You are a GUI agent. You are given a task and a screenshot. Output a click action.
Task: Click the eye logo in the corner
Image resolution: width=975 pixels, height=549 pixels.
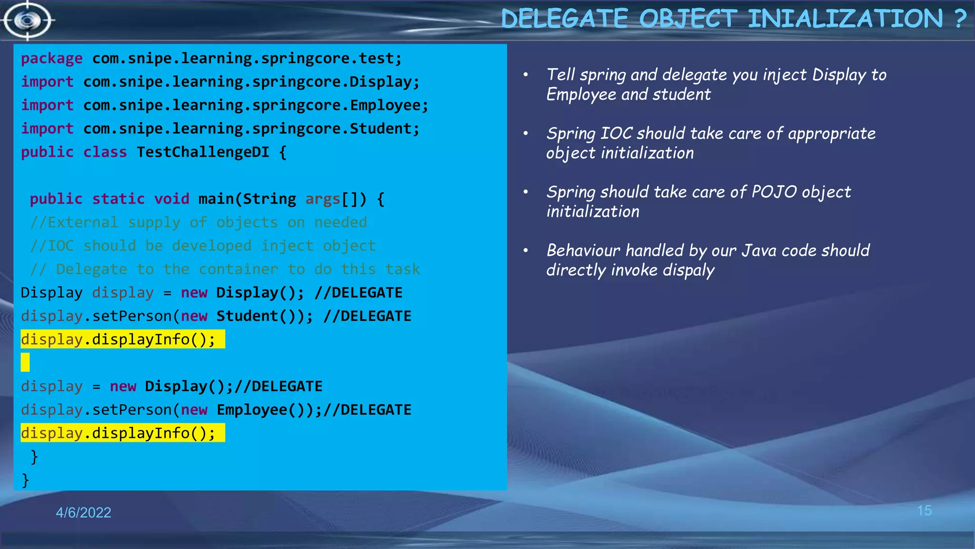tap(28, 20)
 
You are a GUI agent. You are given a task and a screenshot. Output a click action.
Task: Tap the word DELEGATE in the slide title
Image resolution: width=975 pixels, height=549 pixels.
tap(564, 19)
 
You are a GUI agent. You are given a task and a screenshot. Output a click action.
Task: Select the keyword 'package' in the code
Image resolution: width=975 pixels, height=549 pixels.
tap(51, 59)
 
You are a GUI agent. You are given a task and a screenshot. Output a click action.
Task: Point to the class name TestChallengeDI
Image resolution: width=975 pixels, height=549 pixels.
tap(203, 152)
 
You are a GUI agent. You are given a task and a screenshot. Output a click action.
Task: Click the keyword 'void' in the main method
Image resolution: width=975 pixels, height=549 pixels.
tap(171, 199)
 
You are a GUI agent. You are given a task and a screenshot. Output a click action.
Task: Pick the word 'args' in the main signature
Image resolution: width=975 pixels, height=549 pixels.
tap(323, 199)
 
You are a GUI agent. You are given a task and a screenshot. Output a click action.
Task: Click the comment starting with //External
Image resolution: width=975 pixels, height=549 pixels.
tap(199, 222)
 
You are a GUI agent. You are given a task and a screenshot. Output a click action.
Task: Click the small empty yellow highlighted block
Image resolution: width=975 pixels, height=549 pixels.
tap(25, 362)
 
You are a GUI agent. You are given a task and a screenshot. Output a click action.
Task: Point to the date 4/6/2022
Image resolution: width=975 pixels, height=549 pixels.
tap(83, 512)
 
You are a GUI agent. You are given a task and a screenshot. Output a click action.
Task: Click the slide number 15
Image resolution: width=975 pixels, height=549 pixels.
tap(924, 511)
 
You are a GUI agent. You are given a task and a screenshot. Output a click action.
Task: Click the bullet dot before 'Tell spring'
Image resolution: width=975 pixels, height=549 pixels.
tap(526, 75)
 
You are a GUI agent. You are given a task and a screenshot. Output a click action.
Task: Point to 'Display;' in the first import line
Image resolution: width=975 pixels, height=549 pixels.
tap(384, 82)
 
